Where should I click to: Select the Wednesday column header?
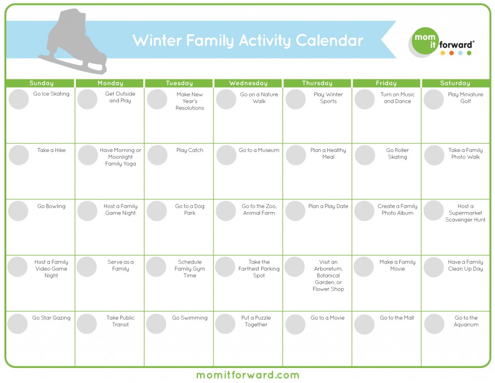(248, 83)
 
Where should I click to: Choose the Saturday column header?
(455, 83)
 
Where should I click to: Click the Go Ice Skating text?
(51, 94)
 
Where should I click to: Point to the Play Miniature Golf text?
(466, 98)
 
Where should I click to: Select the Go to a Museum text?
(259, 150)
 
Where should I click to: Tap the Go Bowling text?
(51, 206)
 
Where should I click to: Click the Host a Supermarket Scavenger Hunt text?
(466, 213)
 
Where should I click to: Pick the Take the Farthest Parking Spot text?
(259, 269)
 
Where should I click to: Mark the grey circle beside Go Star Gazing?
(17, 324)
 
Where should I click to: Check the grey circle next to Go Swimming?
(156, 324)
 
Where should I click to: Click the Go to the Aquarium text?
(466, 321)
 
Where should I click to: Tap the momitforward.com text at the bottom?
(247, 375)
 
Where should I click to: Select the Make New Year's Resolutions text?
(190, 101)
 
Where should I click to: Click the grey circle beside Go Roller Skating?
(364, 155)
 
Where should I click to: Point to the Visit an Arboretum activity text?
(328, 276)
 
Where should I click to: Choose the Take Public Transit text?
(120, 321)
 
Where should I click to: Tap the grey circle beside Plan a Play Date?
(295, 211)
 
